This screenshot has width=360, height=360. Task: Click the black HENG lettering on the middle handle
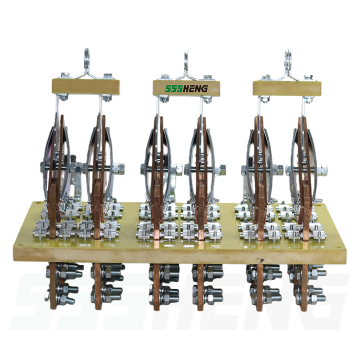[195, 88]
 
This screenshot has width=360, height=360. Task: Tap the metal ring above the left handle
[87, 55]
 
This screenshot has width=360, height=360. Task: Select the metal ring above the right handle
[288, 56]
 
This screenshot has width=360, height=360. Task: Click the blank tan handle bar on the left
[86, 86]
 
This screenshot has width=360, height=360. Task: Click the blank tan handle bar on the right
[287, 88]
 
